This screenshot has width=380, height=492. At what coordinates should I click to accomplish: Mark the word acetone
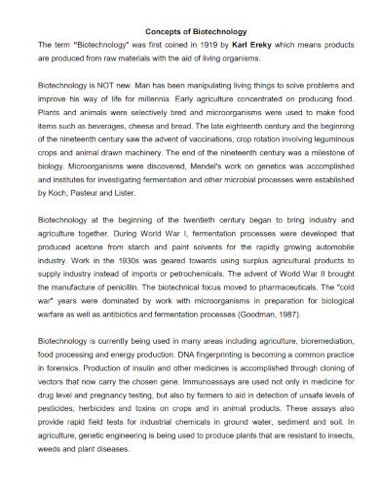[81, 248]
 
